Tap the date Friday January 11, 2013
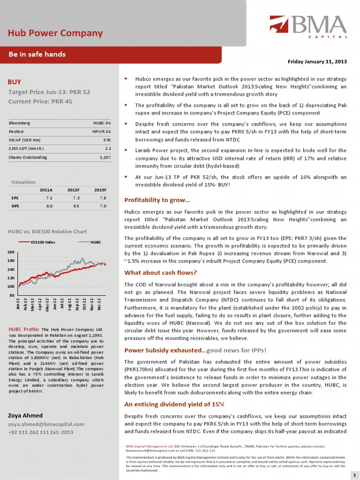pos(316,62)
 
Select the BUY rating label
pos(15,82)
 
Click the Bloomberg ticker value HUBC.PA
pos(102,123)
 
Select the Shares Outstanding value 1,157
pos(105,157)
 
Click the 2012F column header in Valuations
pos(73,190)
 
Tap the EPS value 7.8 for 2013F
pos(103,198)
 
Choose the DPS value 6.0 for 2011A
pos(49,206)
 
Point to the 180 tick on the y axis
pos(11,253)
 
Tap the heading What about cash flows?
pos(160,273)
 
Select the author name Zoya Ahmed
pos(25,415)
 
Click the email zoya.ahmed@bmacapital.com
pos(46,424)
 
